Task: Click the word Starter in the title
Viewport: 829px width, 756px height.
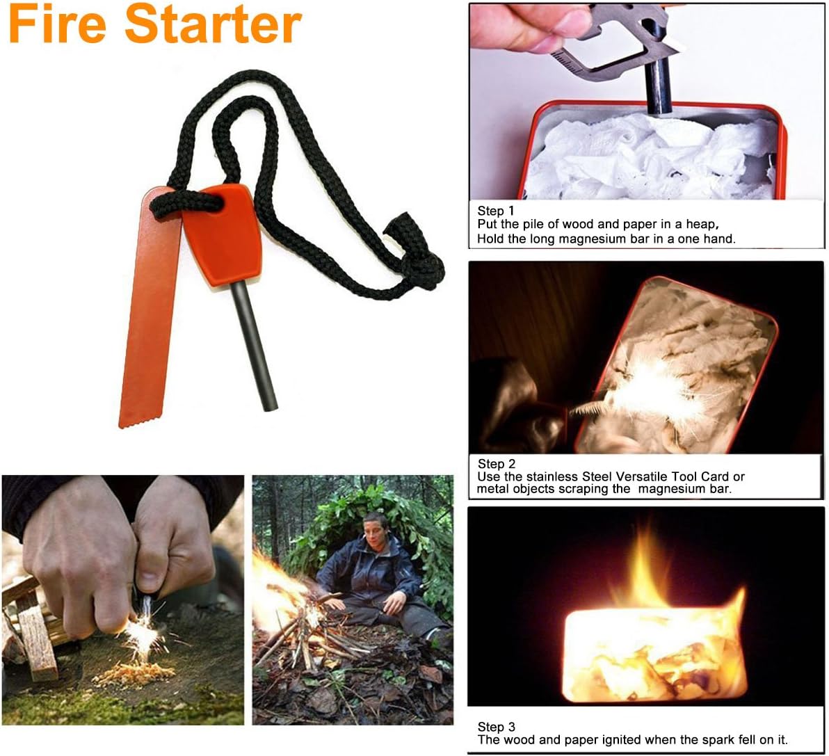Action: [213, 25]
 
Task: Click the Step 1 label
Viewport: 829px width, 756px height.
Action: [496, 211]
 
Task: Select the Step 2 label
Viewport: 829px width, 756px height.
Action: [497, 464]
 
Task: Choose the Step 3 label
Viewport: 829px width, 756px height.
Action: [497, 727]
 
